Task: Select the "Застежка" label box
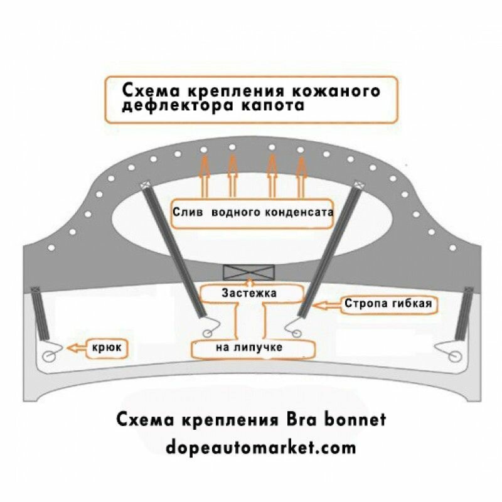(x=249, y=292)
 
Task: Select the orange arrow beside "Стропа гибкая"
(x=327, y=306)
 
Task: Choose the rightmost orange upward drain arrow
(x=302, y=176)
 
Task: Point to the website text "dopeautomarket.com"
(x=261, y=447)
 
